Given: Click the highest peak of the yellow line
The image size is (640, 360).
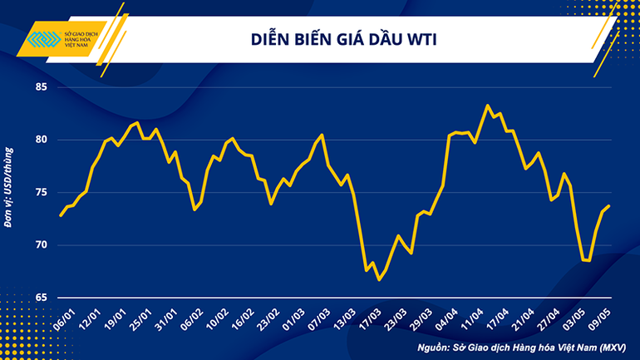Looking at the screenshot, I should [488, 106].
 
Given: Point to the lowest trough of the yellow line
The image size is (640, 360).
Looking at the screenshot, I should [379, 279].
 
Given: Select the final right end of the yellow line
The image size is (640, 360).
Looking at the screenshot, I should [608, 206].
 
